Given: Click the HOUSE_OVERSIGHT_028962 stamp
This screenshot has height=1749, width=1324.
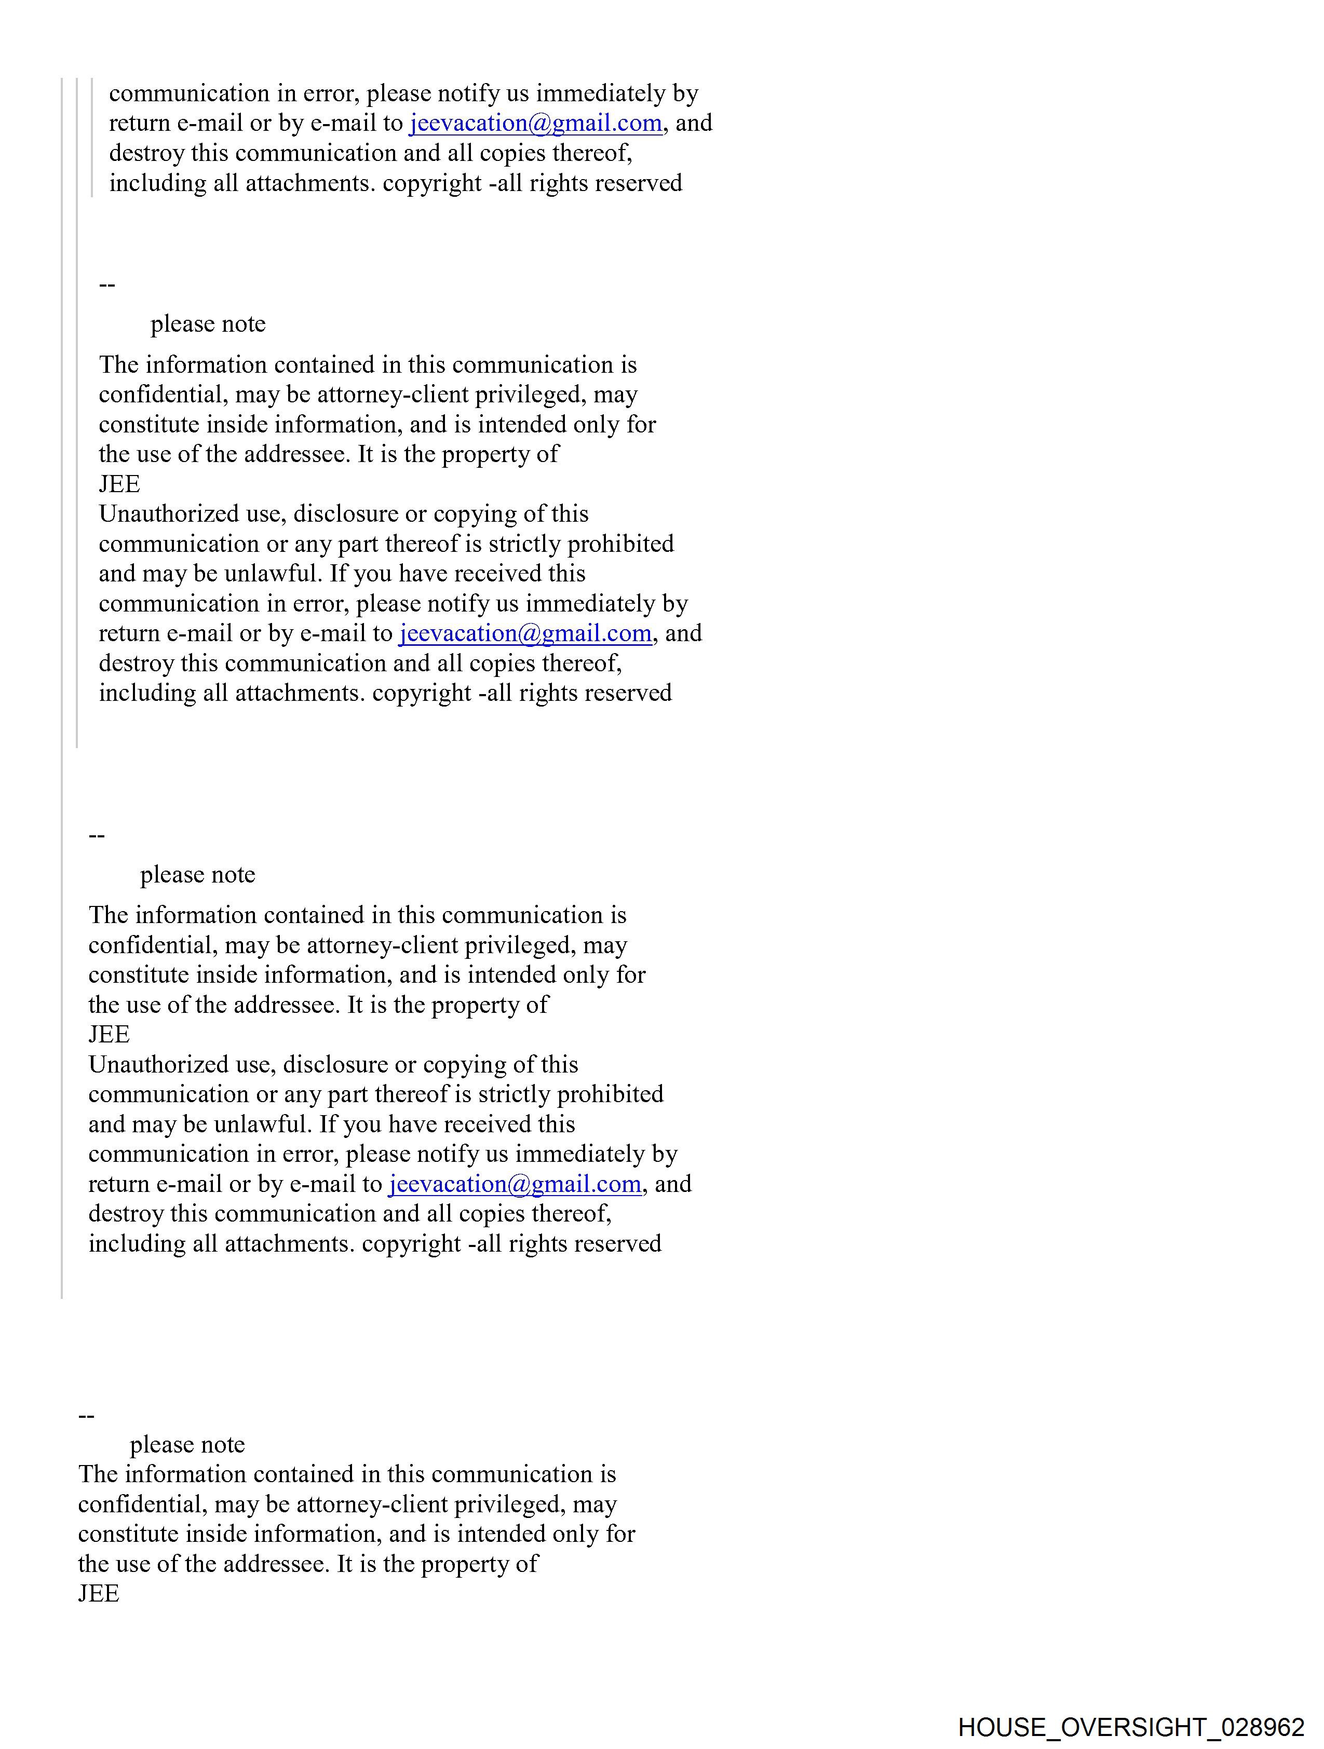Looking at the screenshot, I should pyautogui.click(x=1130, y=1726).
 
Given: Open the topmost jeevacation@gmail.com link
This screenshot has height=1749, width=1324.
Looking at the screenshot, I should pyautogui.click(x=535, y=124).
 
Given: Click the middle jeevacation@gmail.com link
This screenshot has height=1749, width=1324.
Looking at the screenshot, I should pyautogui.click(x=525, y=633).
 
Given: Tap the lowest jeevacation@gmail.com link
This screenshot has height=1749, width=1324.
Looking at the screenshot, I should pyautogui.click(x=515, y=1184).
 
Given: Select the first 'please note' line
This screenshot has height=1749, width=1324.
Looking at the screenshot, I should pyautogui.click(x=208, y=324).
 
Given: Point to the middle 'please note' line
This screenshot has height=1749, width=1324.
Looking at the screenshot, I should pyautogui.click(x=198, y=874).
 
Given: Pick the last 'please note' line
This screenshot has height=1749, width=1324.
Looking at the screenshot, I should pyautogui.click(x=187, y=1445).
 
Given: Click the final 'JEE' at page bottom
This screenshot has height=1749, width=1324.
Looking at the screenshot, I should pyautogui.click(x=99, y=1593).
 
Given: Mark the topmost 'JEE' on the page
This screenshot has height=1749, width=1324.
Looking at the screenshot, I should pyautogui.click(x=119, y=484).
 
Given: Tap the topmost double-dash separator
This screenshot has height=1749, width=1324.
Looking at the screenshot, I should pyautogui.click(x=107, y=284).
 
